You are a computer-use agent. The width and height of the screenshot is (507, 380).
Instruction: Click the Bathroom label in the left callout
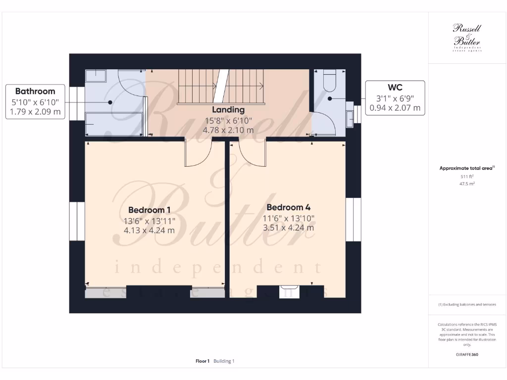pos(35,91)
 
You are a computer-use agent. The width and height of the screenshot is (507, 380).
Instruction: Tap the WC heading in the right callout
pos(395,87)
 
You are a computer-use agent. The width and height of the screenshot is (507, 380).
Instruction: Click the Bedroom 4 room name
pos(289,207)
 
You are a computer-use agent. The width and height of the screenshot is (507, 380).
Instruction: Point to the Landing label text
pos(228,109)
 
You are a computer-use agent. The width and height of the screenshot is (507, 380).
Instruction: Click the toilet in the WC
pos(329,81)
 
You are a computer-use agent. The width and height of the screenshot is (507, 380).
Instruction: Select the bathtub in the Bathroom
pos(113,124)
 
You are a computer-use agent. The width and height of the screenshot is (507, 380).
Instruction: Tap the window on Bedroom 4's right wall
pos(353,219)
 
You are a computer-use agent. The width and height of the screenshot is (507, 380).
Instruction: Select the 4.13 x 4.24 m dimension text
pos(149,230)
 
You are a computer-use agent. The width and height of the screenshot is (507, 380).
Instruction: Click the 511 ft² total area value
pos(467,176)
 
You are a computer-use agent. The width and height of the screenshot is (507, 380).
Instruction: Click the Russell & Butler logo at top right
pos(467,38)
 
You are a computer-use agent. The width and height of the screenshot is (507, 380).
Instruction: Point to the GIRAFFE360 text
pos(467,355)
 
